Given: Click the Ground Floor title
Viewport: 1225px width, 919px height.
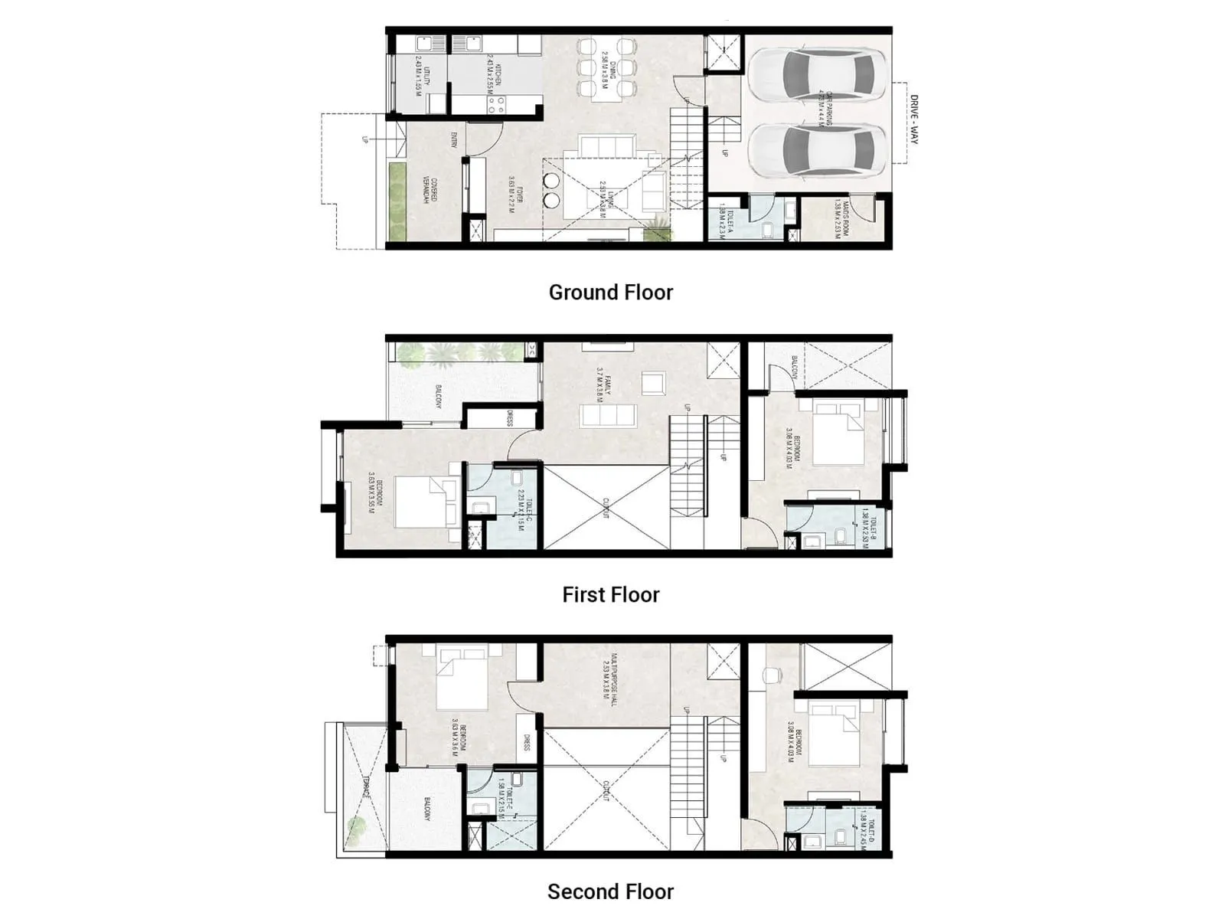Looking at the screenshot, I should [610, 293].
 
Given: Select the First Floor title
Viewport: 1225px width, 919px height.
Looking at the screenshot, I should [610, 594].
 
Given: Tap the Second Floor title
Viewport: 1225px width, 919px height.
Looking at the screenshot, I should [610, 891].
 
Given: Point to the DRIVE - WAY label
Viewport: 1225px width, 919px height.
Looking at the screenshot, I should [913, 119].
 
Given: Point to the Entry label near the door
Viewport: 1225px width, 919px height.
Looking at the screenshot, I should [454, 139].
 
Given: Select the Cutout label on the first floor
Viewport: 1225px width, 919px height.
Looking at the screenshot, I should [605, 509].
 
